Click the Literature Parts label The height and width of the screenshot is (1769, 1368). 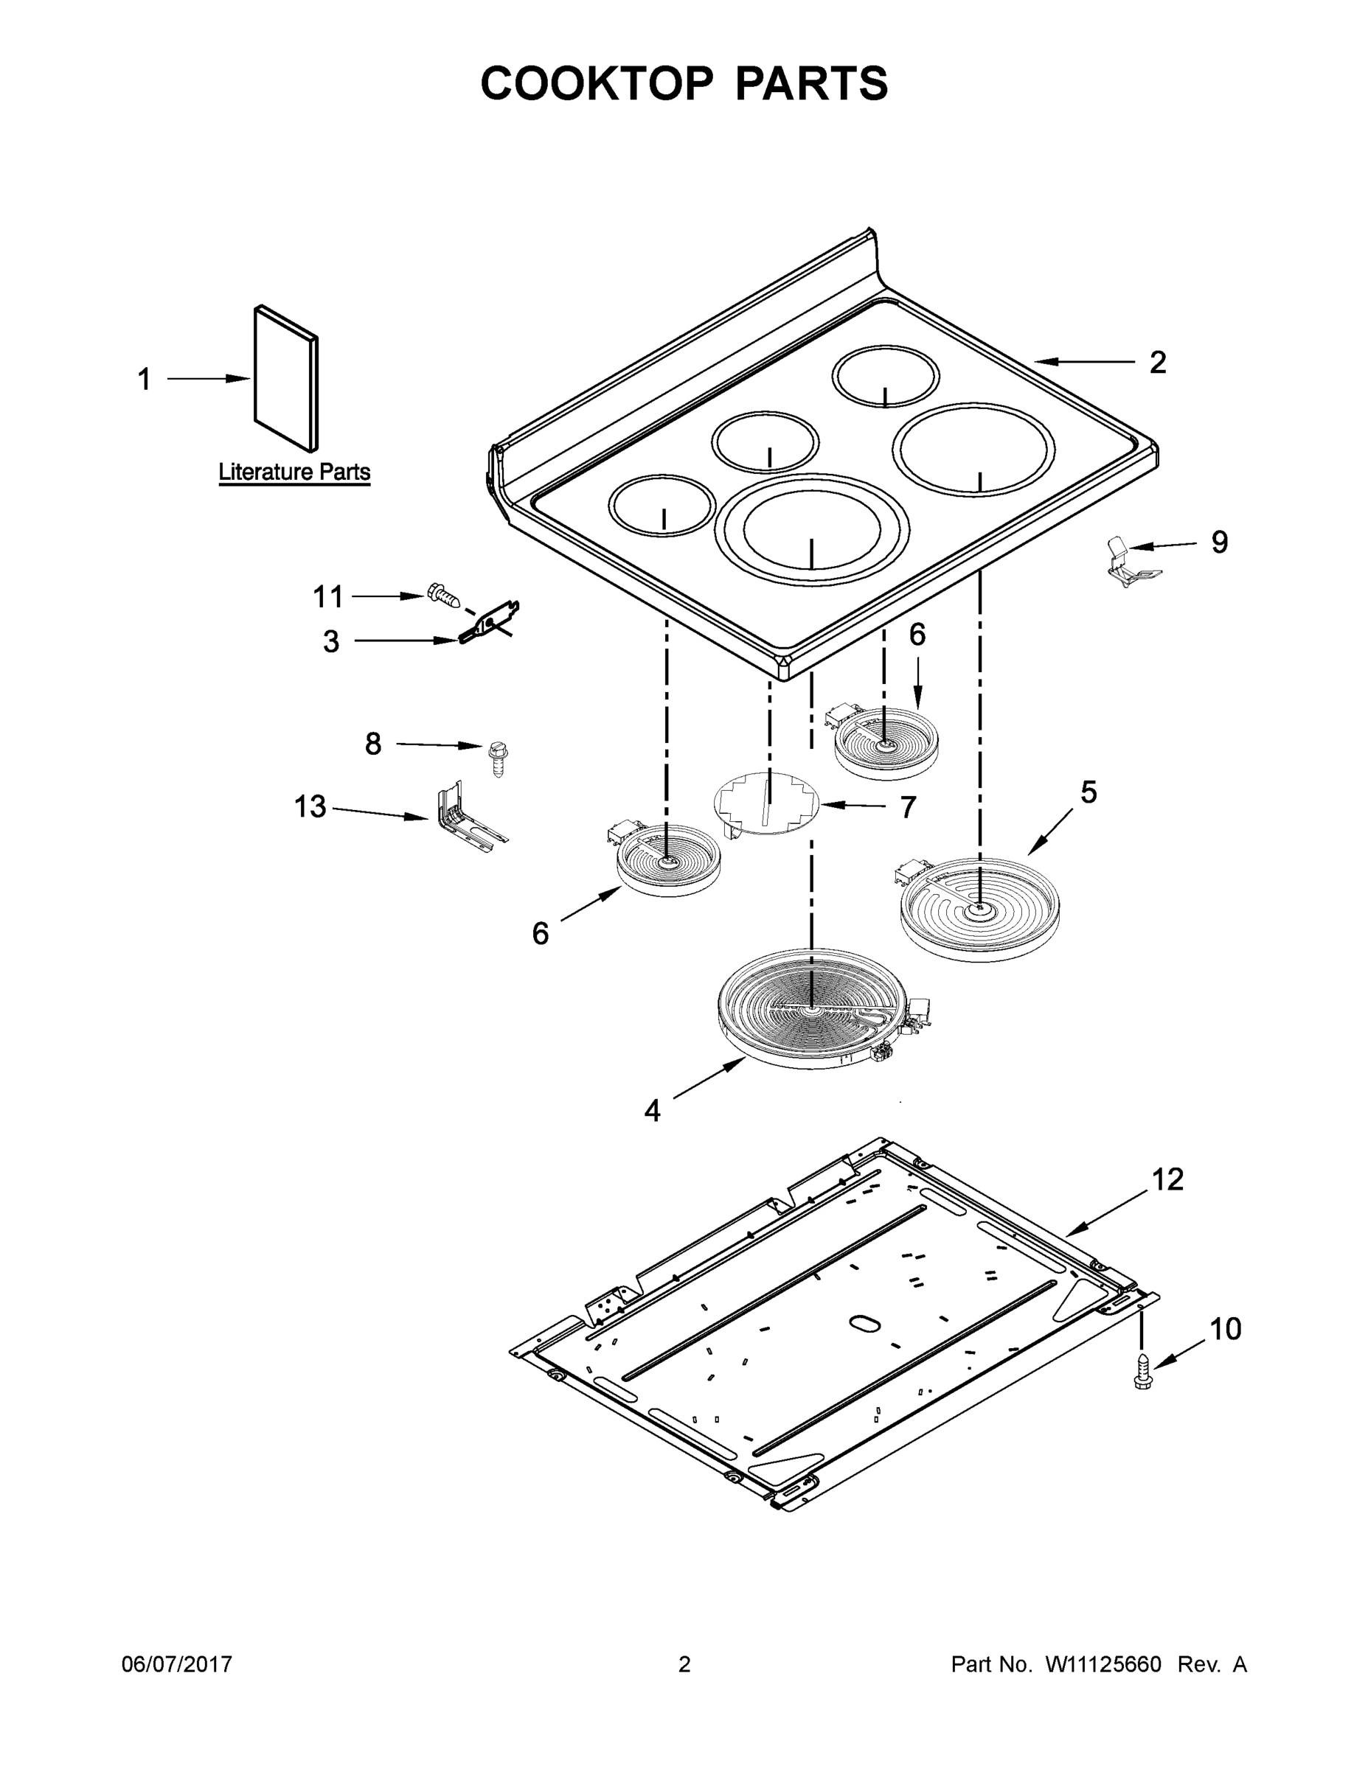294,472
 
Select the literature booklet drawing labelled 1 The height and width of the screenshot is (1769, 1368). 285,379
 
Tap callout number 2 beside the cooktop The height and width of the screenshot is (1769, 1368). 1157,362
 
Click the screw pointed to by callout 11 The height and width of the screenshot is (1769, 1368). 442,596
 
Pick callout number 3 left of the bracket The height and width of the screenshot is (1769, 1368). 330,641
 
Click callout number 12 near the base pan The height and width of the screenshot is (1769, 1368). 1167,1179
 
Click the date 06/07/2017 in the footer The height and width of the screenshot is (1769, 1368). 177,1664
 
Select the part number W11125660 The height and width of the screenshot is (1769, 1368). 1103,1664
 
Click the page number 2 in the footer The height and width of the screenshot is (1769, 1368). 684,1664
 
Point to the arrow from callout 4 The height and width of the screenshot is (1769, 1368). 709,1079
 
